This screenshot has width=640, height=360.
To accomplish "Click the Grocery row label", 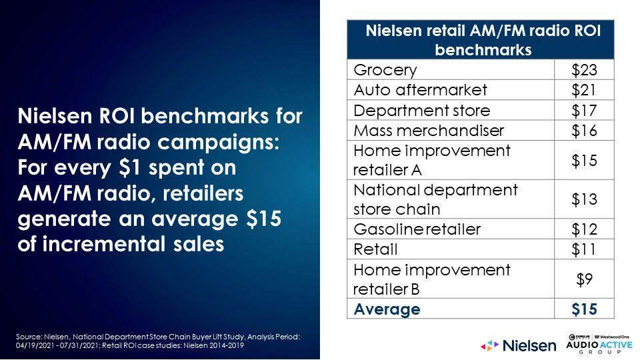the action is click(385, 70).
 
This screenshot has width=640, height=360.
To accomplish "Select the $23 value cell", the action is click(584, 70).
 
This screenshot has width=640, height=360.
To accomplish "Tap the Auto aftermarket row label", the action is click(420, 90).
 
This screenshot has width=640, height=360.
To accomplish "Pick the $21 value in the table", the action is click(584, 90).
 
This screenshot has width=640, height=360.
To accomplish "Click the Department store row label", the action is click(421, 110).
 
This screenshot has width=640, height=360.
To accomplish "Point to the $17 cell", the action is click(584, 110).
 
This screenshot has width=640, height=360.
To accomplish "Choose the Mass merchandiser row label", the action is click(429, 131).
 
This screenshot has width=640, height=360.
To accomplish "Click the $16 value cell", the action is click(584, 131).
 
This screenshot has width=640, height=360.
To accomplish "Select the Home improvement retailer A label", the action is click(432, 160).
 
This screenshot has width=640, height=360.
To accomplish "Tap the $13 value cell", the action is click(584, 199).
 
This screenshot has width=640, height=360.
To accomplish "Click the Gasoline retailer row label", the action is click(417, 229).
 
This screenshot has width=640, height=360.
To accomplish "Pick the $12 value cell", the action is click(584, 229).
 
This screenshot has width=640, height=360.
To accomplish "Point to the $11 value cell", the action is click(584, 249).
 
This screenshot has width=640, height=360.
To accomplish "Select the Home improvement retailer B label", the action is click(432, 279).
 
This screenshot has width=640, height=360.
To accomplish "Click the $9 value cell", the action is click(584, 279).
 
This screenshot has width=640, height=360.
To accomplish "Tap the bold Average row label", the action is click(387, 309).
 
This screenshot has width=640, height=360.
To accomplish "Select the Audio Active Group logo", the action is click(599, 344).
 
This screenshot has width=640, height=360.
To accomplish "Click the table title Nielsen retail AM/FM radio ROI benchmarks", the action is click(483, 40).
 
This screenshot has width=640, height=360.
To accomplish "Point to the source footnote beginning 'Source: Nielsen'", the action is click(158, 341).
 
